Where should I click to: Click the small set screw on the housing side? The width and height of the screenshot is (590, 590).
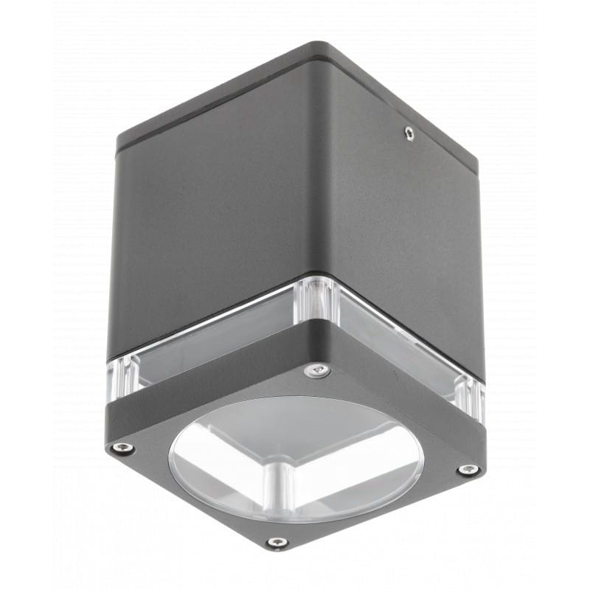point(408,133)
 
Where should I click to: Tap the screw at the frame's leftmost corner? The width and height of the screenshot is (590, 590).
point(121,448)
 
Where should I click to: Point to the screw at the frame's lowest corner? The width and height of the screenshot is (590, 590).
point(277,543)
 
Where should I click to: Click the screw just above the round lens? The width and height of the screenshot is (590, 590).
point(317,369)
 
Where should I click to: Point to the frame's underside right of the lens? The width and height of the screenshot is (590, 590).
point(435,457)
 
